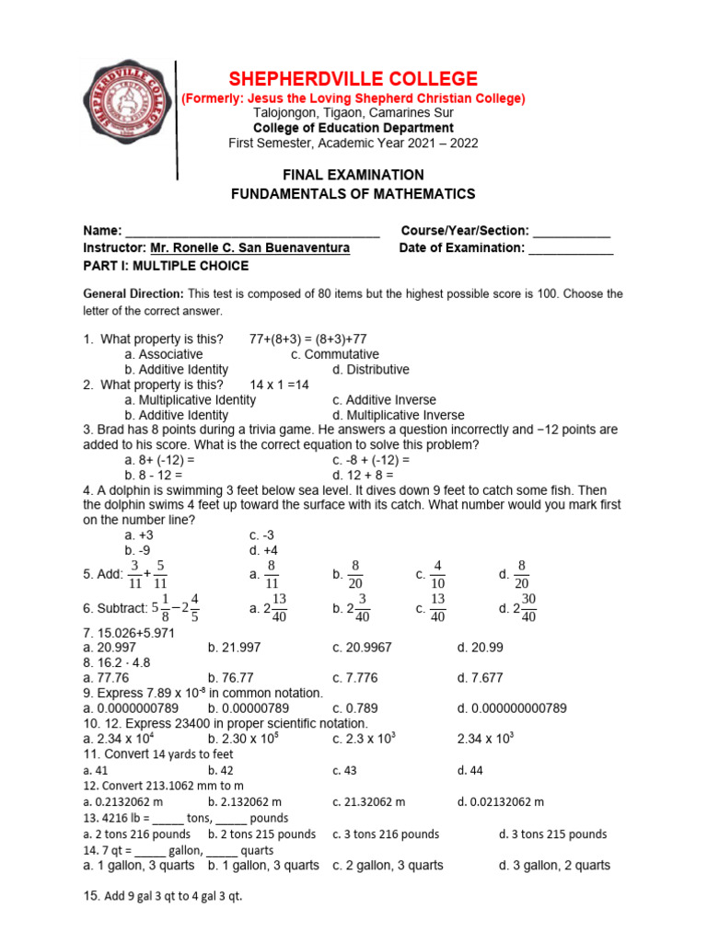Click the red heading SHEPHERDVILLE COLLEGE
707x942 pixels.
coord(353,79)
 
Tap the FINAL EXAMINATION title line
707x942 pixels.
coord(353,175)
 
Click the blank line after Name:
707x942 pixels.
coord(252,231)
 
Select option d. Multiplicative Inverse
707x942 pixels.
coord(399,415)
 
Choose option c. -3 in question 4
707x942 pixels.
coord(262,534)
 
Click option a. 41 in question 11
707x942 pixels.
coord(96,771)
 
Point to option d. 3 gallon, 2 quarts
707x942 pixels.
coord(554,866)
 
